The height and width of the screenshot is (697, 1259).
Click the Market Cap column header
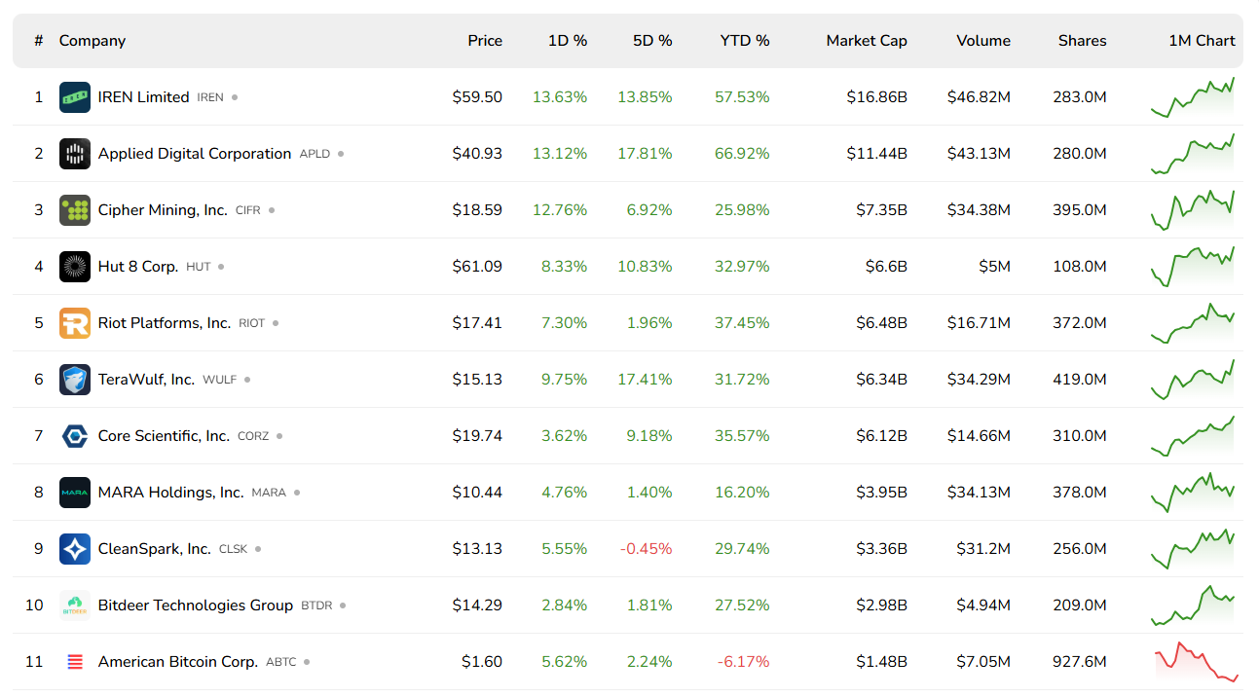coord(866,41)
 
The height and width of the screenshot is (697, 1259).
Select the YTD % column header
coord(745,41)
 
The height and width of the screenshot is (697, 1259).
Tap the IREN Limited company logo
coord(75,97)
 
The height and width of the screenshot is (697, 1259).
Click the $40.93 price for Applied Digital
coord(477,154)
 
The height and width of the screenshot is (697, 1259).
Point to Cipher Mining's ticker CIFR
coord(248,210)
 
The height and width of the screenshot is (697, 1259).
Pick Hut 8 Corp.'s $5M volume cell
coord(994,267)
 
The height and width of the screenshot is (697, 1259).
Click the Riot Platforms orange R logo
coord(75,323)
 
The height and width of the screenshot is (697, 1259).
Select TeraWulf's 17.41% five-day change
coord(645,380)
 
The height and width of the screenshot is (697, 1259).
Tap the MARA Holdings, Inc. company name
coord(170,493)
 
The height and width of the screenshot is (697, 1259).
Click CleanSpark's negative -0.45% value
coord(646,549)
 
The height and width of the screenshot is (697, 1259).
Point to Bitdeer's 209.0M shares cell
coord(1079,605)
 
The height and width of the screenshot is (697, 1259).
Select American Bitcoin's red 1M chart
coord(1195,662)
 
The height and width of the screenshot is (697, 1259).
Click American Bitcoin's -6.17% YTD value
coord(744,662)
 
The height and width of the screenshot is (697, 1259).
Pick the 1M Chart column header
coord(1202,41)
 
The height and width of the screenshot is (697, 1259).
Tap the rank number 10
coord(34,605)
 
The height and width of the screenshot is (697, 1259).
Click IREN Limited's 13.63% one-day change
coord(560,97)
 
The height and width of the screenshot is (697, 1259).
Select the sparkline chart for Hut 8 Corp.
coord(1193,267)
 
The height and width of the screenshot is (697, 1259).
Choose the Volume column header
coord(982,41)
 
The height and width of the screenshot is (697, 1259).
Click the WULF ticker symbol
coord(219,380)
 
